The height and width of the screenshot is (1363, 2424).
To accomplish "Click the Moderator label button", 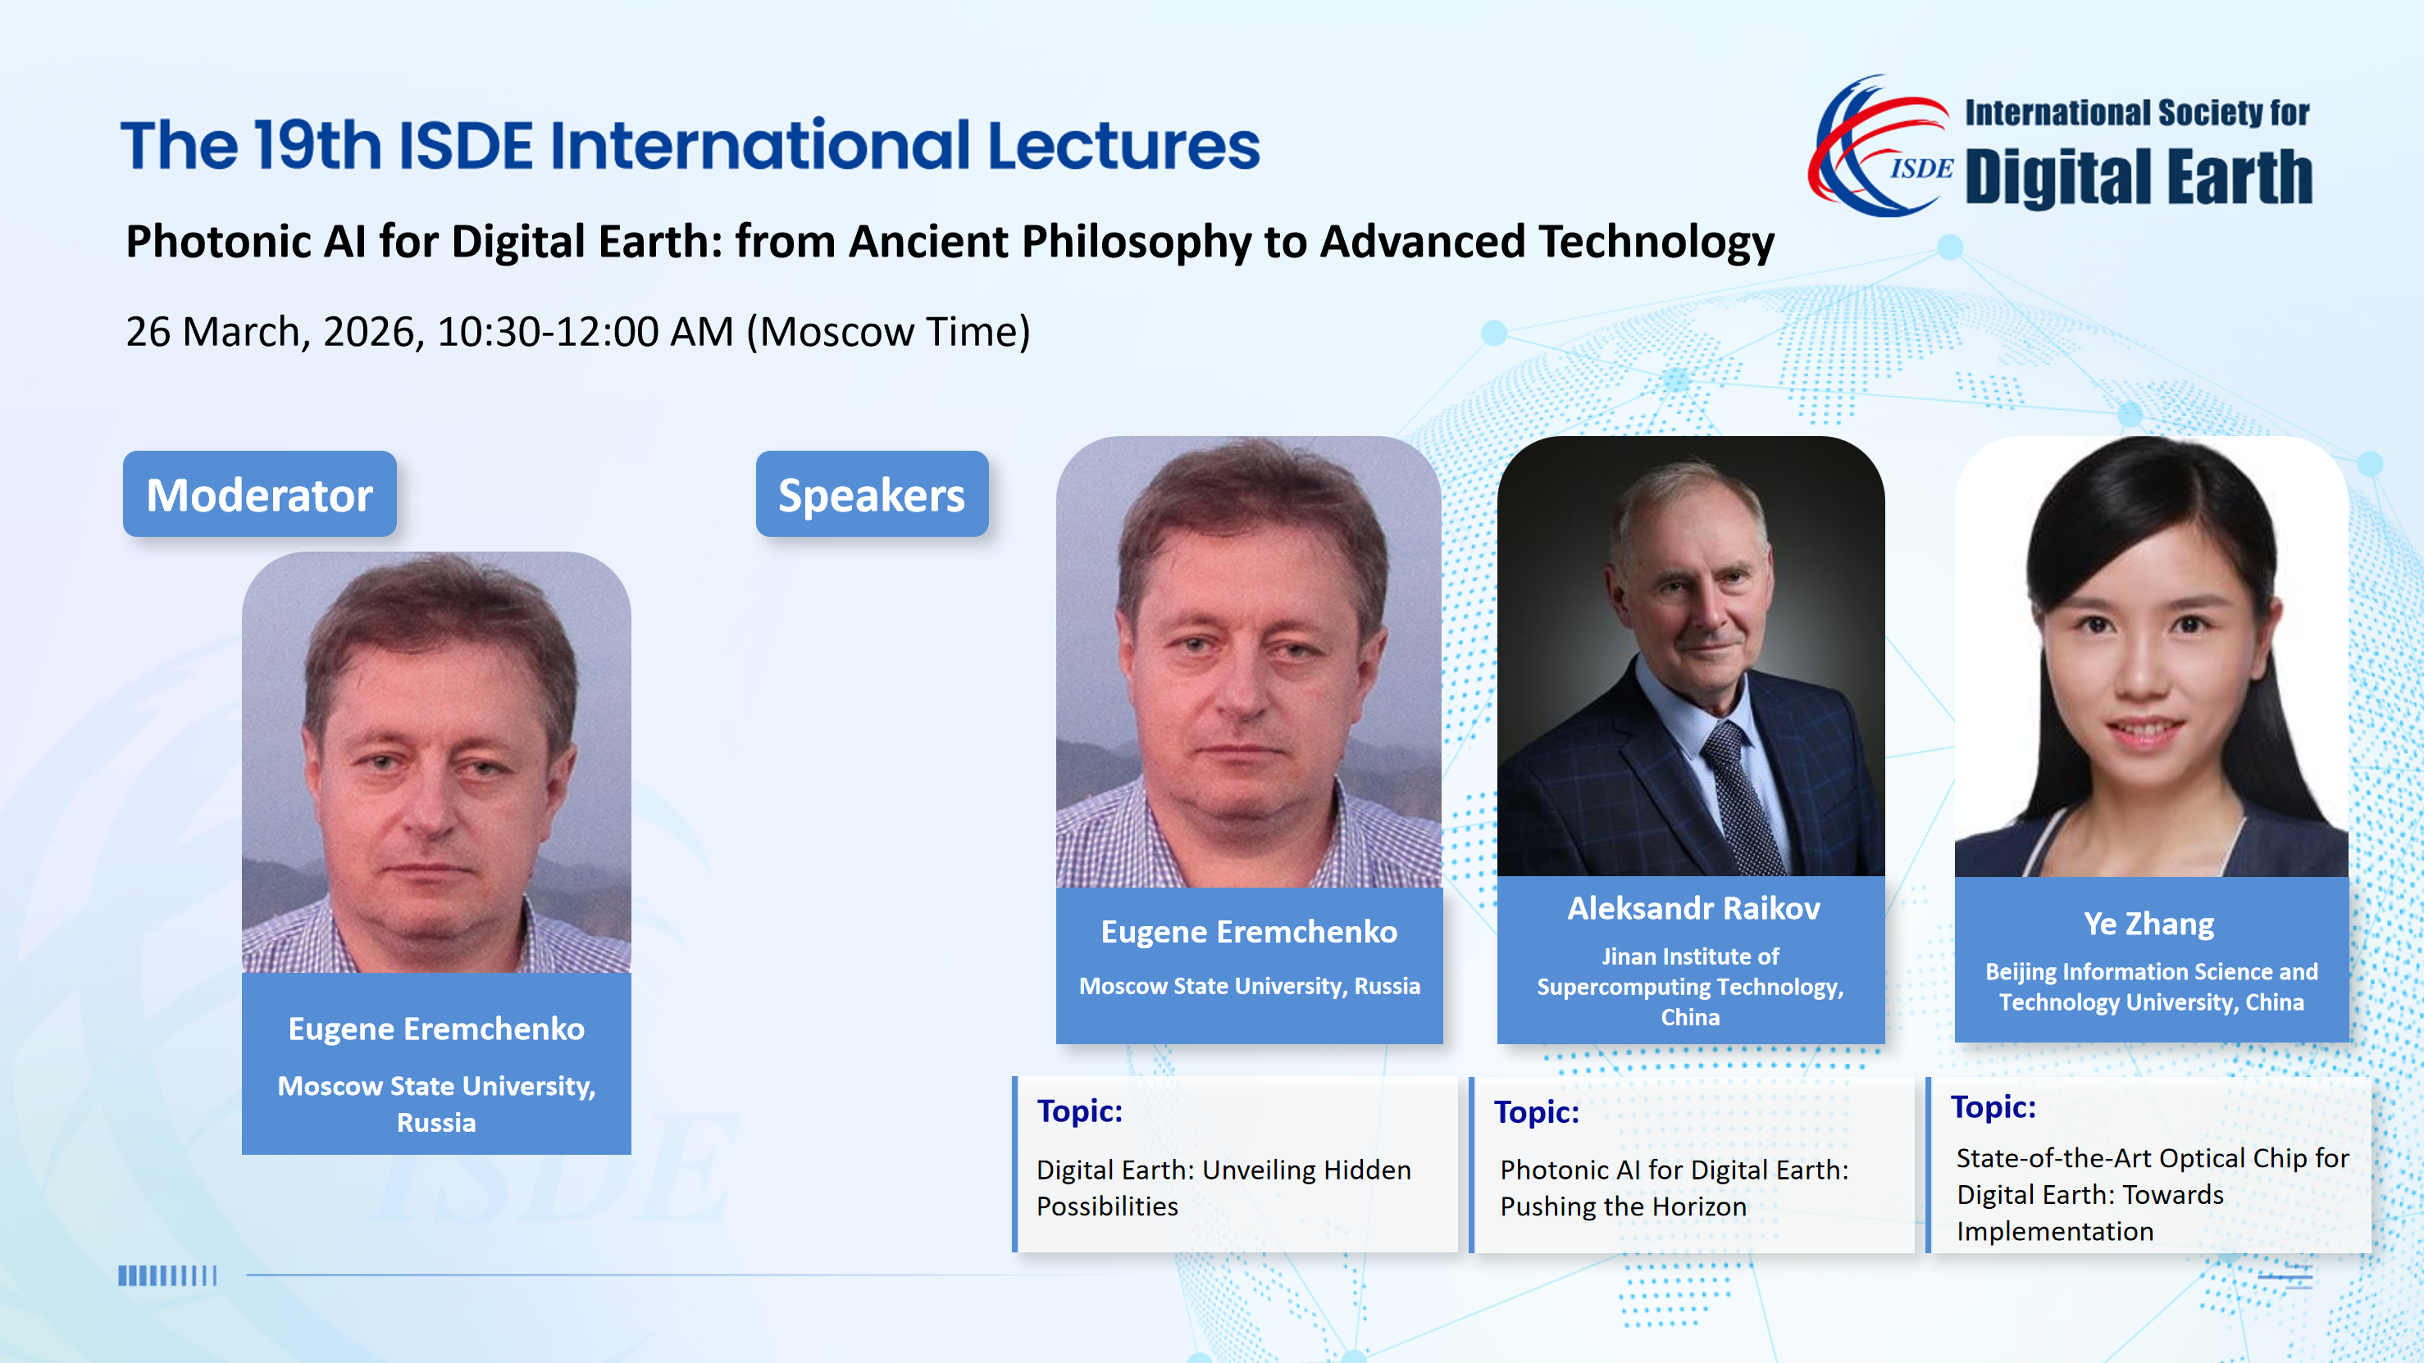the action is (x=260, y=494).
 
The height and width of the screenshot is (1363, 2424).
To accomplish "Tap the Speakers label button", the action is (x=873, y=494).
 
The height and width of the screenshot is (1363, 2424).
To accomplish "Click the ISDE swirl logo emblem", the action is (x=1880, y=146).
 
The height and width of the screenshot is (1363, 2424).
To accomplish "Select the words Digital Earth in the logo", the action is (x=2138, y=177).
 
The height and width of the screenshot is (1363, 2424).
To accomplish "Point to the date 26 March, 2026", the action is (x=270, y=332).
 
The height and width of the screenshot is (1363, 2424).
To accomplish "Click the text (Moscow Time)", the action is (x=888, y=332).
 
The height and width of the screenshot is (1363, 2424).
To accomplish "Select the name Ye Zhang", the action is (x=2149, y=924).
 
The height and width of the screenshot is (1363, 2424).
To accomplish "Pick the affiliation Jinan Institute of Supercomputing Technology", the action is (x=1691, y=987).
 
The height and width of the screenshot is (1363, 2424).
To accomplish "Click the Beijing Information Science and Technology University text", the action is (x=2152, y=987).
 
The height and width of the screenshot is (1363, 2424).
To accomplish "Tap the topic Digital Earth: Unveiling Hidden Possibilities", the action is (x=1223, y=1187).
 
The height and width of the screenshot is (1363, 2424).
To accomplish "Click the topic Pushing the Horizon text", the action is (x=1623, y=1206).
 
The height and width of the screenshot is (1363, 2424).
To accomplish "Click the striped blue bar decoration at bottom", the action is (x=167, y=1275).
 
